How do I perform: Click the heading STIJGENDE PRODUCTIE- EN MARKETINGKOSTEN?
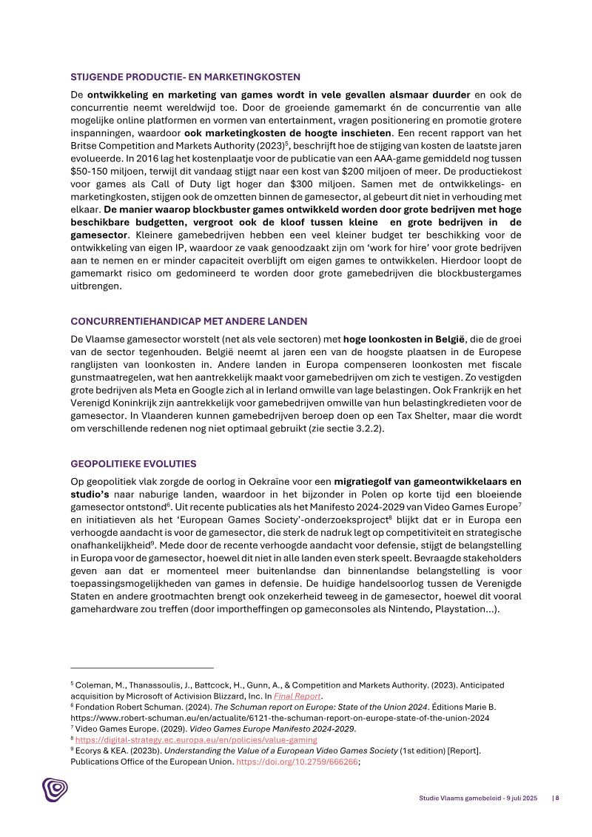(185, 76)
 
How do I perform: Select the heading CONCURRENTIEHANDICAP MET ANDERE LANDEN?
(189, 321)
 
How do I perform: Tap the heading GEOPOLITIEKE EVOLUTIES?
(133, 464)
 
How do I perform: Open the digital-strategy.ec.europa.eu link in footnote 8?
(196, 739)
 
